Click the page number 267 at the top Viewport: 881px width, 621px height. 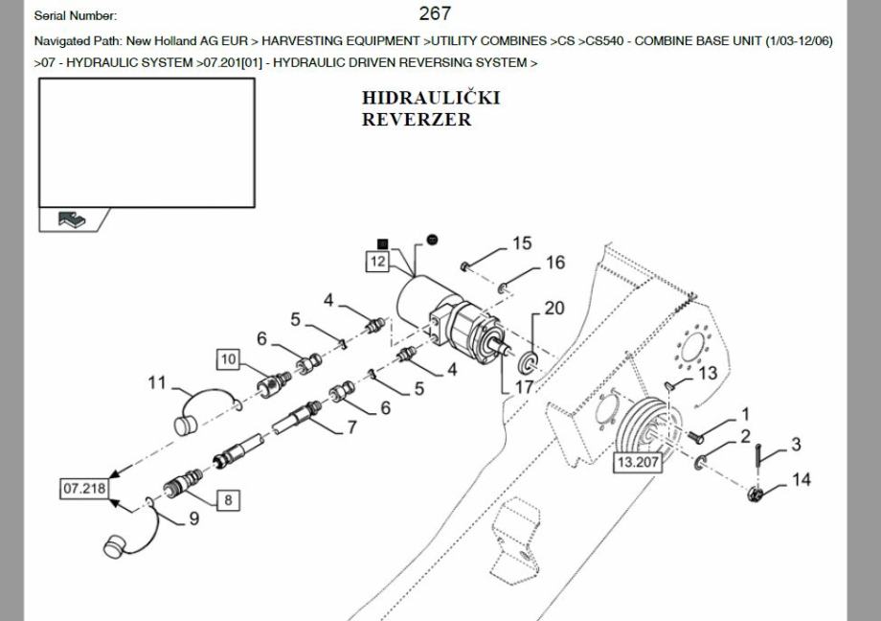tap(435, 13)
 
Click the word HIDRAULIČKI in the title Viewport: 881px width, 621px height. tap(431, 99)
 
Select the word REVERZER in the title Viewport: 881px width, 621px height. tap(417, 120)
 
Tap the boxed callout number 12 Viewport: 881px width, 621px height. tap(377, 261)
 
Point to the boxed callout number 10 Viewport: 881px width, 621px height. tap(228, 359)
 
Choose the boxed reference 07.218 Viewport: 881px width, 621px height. tap(84, 489)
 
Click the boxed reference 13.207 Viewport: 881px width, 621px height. tap(639, 462)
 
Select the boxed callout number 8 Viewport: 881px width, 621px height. tap(228, 499)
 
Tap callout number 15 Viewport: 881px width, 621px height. tap(521, 243)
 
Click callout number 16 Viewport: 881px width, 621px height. tap(555, 263)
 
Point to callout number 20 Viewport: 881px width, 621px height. tap(554, 309)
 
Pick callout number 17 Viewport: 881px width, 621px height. tap(525, 387)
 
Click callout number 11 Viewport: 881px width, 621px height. tap(157, 383)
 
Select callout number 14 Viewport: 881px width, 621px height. tap(801, 478)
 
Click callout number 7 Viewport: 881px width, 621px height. tap(352, 427)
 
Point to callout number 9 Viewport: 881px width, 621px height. tap(193, 518)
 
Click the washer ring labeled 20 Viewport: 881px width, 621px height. tap(527, 363)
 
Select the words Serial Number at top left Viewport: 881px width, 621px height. tap(76, 15)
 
